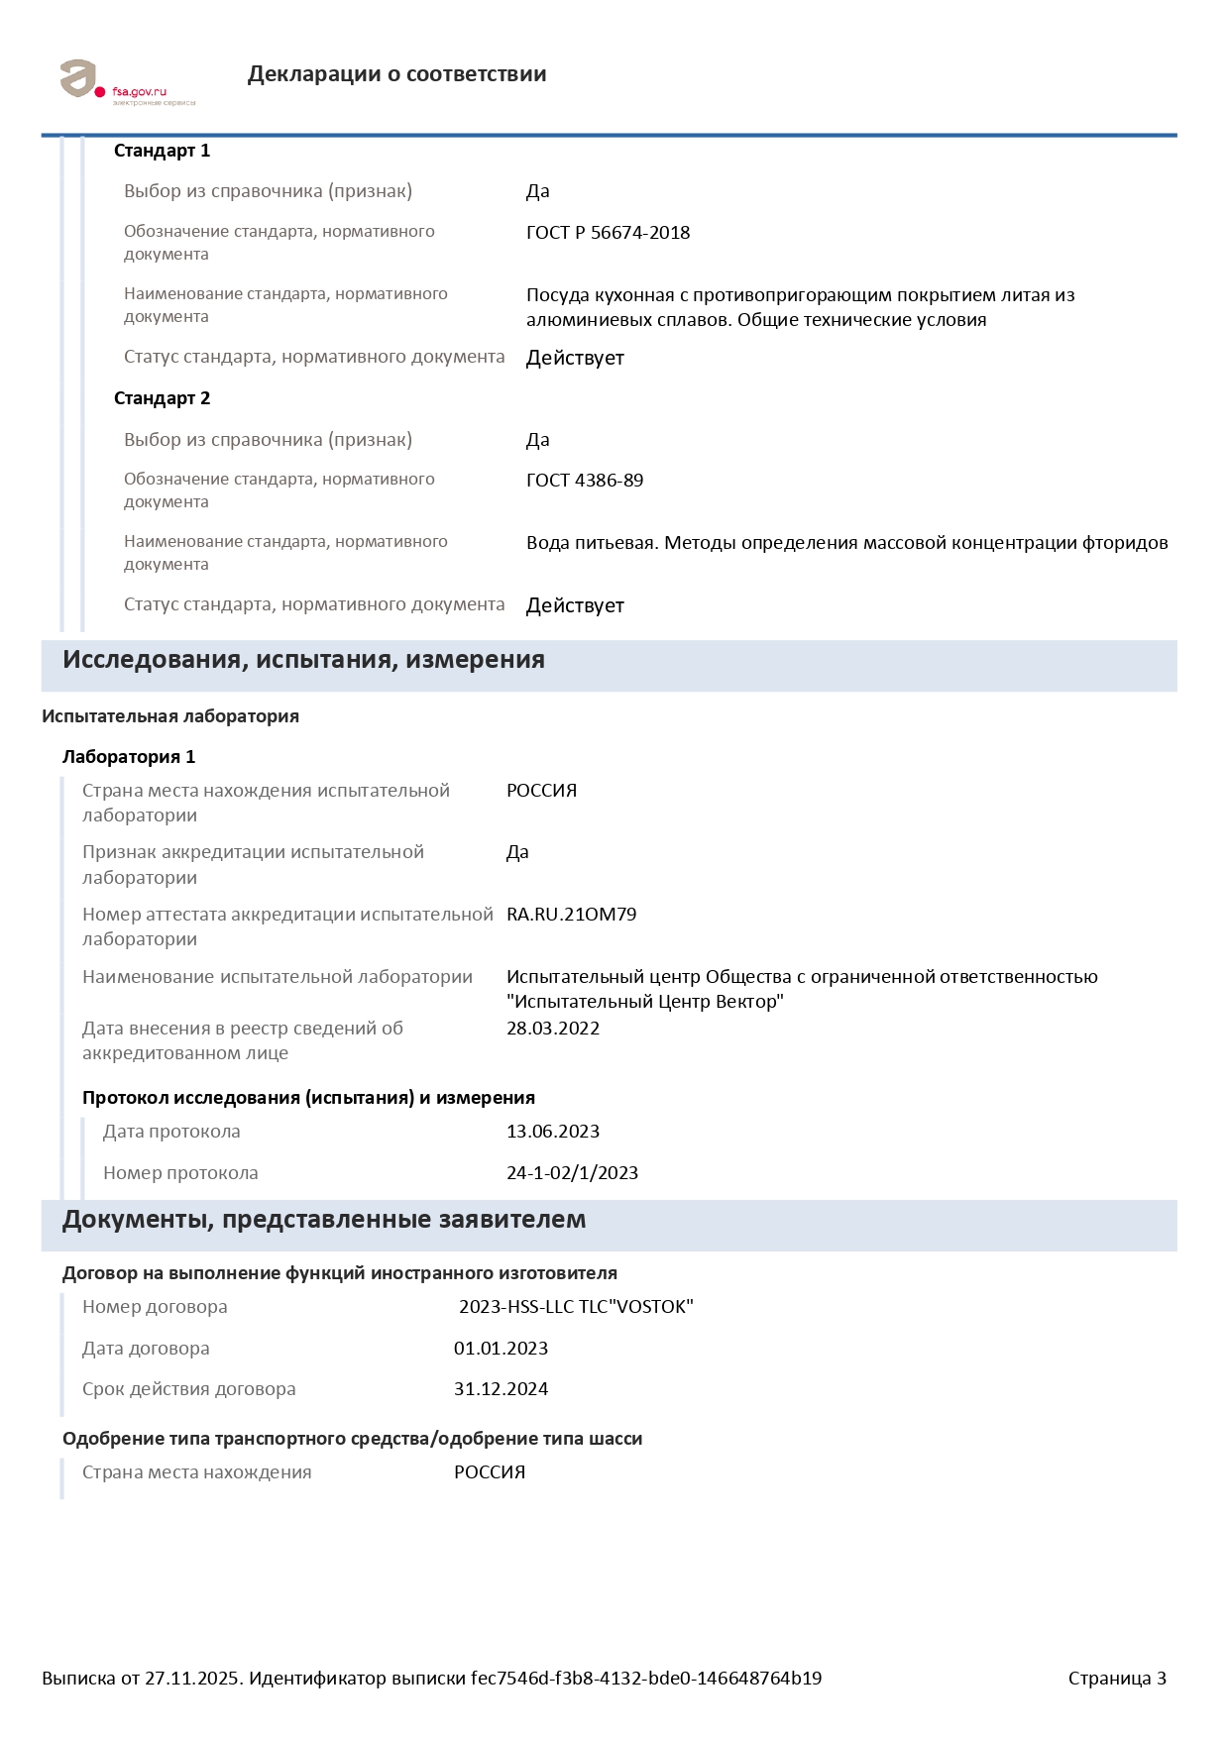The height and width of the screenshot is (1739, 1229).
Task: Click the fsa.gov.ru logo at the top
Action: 126,81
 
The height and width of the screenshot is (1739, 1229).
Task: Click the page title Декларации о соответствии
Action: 396,74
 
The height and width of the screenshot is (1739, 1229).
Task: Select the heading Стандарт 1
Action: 162,151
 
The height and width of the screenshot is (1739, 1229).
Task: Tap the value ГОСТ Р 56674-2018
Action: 608,233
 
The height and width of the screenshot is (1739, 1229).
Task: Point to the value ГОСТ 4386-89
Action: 585,481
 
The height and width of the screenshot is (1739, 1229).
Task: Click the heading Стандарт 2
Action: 162,398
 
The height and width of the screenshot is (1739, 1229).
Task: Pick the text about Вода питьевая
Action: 846,543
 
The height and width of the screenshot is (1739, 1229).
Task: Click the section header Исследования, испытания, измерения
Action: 303,660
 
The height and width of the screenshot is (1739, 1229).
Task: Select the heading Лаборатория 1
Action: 129,757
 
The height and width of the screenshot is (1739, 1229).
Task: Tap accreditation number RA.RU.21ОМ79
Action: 571,915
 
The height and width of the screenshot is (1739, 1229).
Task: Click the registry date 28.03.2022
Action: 553,1029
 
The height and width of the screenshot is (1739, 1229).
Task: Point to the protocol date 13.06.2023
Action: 553,1132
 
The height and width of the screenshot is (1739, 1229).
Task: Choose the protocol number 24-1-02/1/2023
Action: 572,1173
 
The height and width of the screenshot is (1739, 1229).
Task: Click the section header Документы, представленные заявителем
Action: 324,1220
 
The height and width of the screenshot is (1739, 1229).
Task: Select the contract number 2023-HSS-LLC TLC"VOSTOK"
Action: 576,1307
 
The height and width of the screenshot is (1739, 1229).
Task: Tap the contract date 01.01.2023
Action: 501,1349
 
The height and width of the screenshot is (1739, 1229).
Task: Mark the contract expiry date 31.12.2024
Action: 501,1389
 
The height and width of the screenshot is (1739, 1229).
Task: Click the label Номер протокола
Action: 180,1173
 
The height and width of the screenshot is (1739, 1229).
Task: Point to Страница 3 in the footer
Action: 1117,1679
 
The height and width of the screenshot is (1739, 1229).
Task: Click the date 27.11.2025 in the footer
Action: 192,1679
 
